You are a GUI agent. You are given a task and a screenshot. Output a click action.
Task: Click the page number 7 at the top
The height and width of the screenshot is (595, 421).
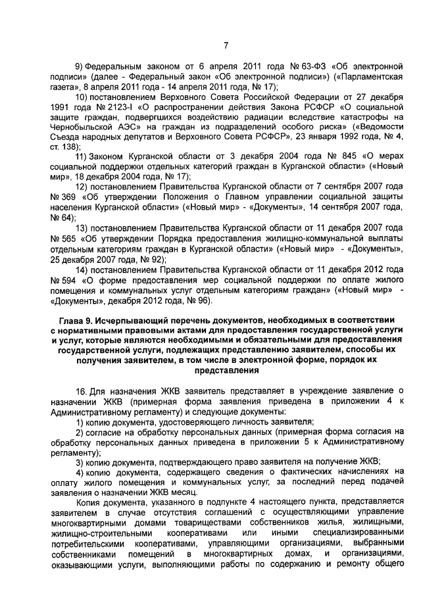pos(226,45)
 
